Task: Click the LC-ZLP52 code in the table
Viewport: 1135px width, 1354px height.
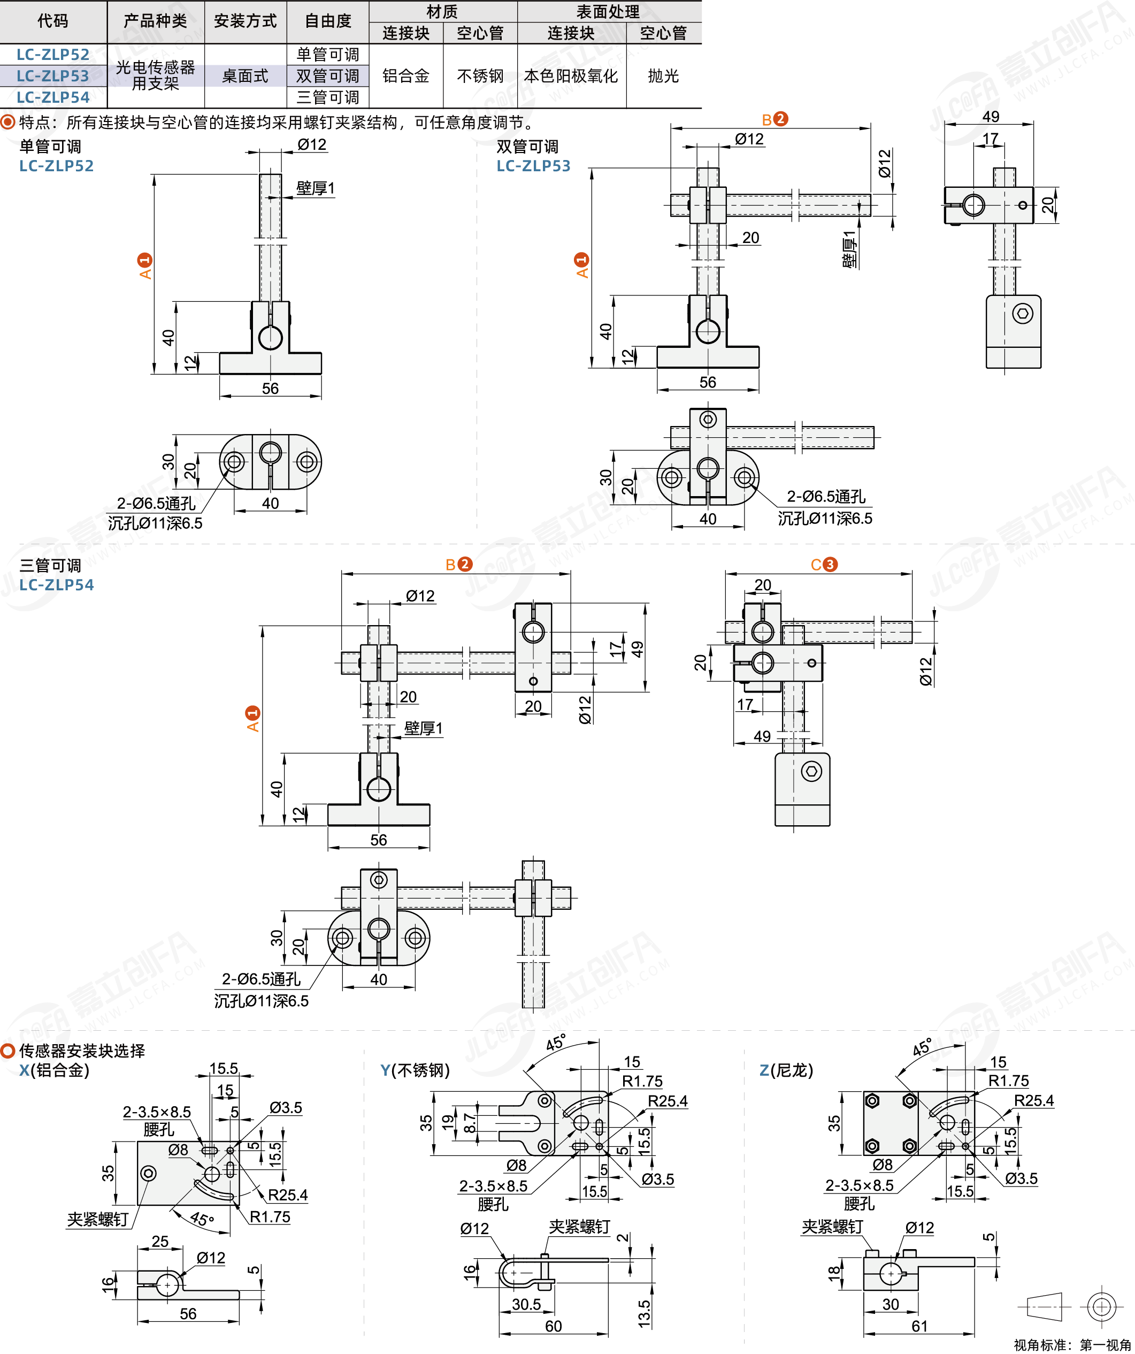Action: [x=53, y=54]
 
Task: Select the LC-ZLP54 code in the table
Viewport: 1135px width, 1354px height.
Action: [x=53, y=97]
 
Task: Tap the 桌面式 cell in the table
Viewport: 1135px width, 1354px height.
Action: [x=245, y=76]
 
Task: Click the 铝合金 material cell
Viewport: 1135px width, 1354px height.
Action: [x=405, y=76]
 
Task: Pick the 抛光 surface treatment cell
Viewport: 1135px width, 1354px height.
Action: [x=663, y=76]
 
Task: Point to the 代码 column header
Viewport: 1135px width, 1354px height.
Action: [x=53, y=21]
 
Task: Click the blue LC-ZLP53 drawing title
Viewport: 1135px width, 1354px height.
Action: [x=533, y=166]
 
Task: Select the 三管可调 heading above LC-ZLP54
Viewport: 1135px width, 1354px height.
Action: [x=50, y=566]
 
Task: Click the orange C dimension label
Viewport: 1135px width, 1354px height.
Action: [x=817, y=565]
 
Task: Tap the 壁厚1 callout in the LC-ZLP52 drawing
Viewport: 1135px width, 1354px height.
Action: [x=315, y=188]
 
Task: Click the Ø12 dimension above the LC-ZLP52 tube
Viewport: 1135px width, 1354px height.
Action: [x=312, y=144]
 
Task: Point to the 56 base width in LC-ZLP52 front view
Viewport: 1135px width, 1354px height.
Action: [x=270, y=388]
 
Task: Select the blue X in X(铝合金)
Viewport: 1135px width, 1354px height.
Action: [x=24, y=1070]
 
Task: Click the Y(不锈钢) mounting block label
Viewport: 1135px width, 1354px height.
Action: [x=415, y=1070]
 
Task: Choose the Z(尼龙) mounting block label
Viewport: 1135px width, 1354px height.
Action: [x=786, y=1070]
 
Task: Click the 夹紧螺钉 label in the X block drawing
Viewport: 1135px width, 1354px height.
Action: [x=98, y=1219]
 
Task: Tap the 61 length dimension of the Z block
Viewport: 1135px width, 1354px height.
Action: [x=919, y=1326]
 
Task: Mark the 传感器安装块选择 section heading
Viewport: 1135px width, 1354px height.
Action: [x=82, y=1051]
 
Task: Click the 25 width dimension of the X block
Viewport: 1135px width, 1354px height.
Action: [x=160, y=1241]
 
